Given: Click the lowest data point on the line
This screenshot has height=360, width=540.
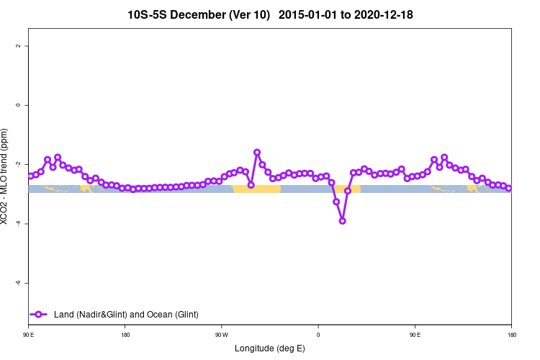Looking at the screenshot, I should coord(342,221).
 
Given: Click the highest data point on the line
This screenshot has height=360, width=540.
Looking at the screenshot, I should coord(257,153).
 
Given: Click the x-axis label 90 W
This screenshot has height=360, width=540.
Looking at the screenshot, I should coord(221,335).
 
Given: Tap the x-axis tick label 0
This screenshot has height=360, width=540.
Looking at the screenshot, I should coord(318,335).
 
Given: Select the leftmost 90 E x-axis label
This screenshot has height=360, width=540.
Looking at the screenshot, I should coord(28,335).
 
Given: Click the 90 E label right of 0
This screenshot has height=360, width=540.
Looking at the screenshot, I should coord(415,335).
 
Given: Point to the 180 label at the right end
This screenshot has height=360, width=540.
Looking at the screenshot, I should coord(511,335).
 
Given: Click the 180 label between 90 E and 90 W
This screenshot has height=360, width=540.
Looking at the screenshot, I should coord(125,335).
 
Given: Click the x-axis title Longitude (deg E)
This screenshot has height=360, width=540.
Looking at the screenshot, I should coord(270,348).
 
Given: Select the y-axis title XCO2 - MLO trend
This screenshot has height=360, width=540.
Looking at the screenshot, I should coord(6,176).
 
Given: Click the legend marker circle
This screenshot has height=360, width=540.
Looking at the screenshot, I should coord(39,314).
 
